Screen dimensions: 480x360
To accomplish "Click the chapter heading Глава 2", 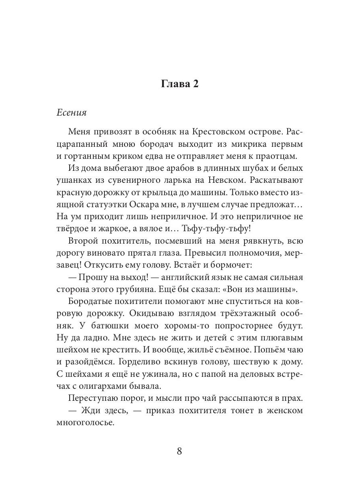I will click(x=180, y=84).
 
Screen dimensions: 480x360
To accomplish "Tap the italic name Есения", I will click(x=72, y=112).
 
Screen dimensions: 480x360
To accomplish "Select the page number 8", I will click(x=179, y=451).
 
